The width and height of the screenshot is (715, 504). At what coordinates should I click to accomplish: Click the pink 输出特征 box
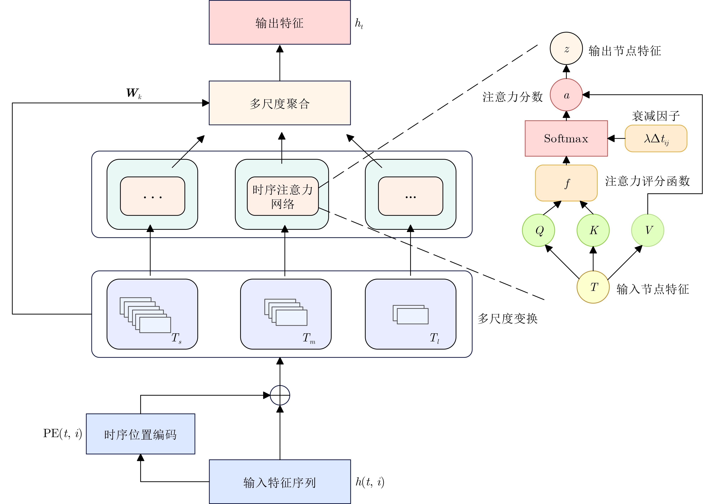(x=280, y=22)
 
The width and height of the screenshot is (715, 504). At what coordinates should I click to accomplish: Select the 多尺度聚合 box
(x=280, y=103)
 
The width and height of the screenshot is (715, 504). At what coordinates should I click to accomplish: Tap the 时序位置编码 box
(x=140, y=434)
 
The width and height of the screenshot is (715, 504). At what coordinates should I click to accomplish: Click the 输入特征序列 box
(x=280, y=482)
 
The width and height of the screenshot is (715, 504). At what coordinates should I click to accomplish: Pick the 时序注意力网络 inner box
(x=283, y=196)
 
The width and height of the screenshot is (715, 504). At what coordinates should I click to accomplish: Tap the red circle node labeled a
(x=566, y=95)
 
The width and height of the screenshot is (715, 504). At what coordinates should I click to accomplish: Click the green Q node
(x=538, y=230)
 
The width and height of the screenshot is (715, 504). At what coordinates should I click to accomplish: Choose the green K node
(x=593, y=230)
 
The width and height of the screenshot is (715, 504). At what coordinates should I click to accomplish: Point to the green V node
(x=648, y=230)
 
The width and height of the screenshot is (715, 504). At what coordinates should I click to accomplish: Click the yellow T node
(x=593, y=287)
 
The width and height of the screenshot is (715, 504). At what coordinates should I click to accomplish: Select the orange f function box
(x=566, y=183)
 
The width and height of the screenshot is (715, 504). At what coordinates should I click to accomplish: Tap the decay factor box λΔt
(x=656, y=138)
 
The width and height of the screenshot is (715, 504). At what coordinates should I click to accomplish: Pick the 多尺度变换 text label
(x=508, y=319)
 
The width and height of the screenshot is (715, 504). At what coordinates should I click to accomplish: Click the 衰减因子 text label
(x=656, y=116)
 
